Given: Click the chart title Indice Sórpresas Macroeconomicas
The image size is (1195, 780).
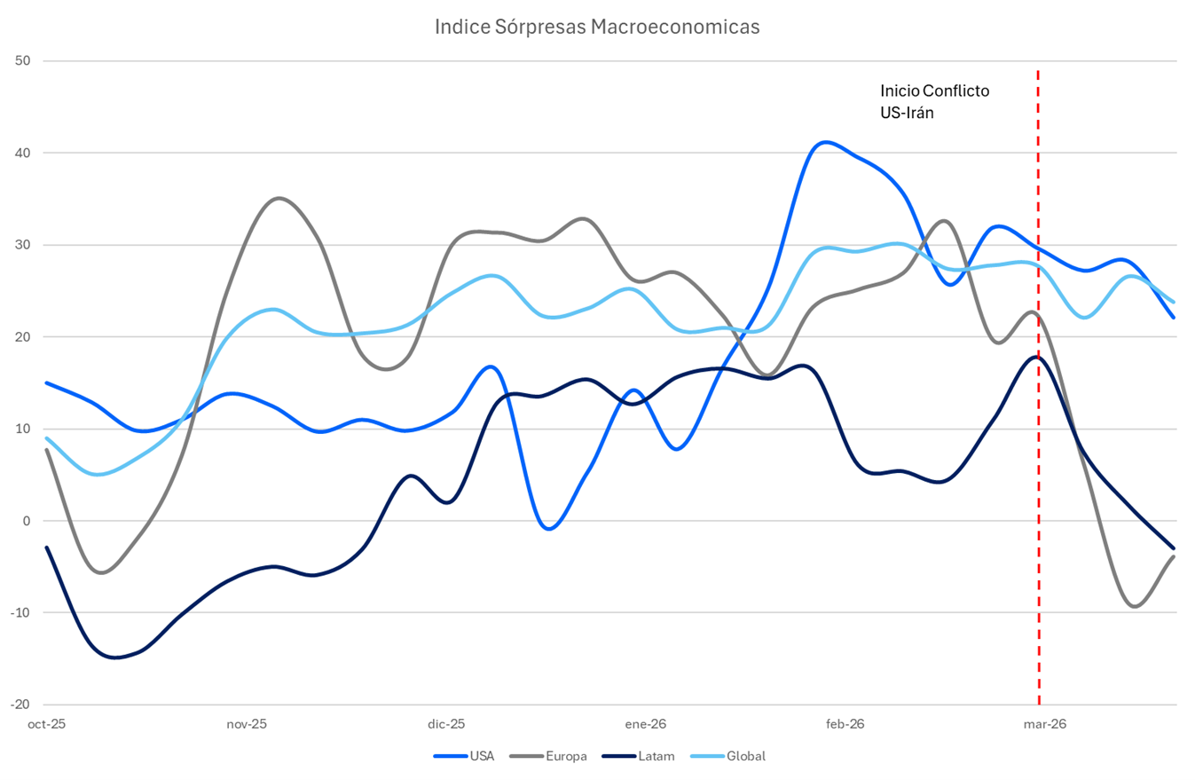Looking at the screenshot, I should click(x=597, y=28).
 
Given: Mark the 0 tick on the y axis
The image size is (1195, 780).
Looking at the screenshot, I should click(x=27, y=521).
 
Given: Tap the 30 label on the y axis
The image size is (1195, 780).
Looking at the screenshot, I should click(x=23, y=245).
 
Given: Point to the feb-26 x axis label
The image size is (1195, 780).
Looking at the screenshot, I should click(x=845, y=724).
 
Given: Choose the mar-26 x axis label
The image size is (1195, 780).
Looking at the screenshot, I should click(x=1044, y=724).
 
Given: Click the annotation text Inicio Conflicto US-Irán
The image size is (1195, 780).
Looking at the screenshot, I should click(x=933, y=100).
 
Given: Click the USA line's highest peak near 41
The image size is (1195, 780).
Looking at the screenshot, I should click(x=825, y=142).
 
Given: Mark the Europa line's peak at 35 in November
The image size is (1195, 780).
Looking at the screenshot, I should click(x=279, y=198).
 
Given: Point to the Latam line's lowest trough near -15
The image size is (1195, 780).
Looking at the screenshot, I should click(x=115, y=658).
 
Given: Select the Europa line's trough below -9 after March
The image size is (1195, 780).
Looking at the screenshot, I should click(x=1135, y=606).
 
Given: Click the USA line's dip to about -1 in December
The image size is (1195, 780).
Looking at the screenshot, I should click(x=549, y=529).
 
